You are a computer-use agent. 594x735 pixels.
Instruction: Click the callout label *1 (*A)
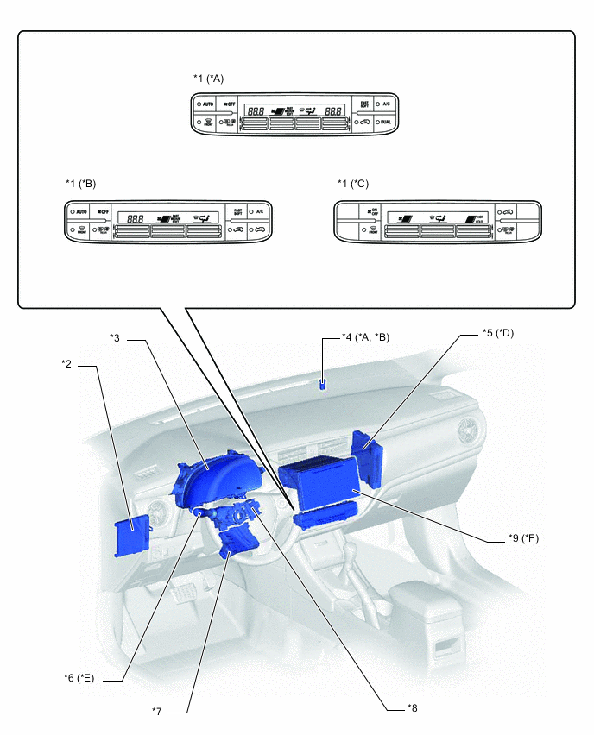point(209,78)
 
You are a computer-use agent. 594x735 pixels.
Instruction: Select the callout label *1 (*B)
point(80,184)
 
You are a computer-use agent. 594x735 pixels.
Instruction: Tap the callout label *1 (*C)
point(352,184)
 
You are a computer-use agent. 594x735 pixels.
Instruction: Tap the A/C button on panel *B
point(259,211)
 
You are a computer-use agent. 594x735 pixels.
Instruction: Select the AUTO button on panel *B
point(79,211)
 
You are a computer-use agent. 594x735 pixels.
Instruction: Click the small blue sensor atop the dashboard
point(323,385)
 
